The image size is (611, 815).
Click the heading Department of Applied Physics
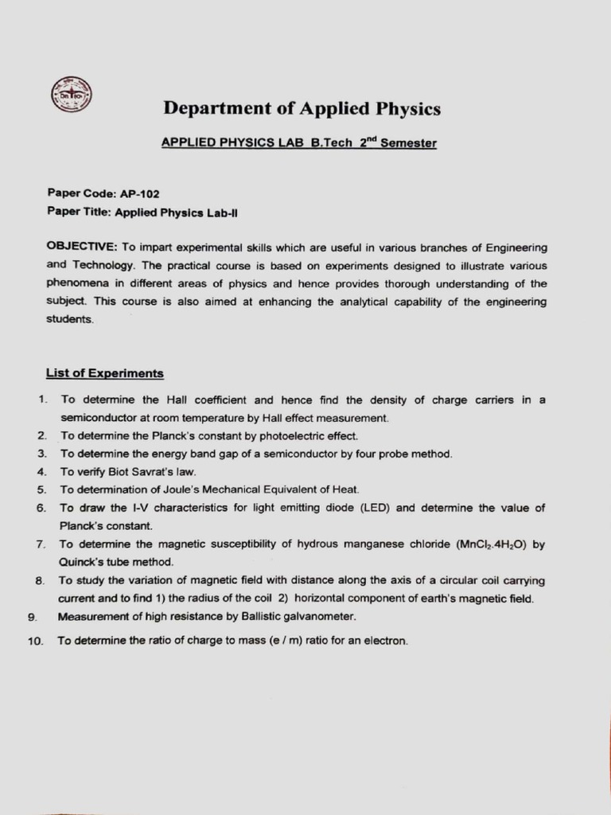click(x=302, y=108)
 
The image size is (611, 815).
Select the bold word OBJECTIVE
click(x=82, y=248)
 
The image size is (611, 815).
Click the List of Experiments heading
click(x=104, y=372)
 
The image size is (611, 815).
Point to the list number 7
click(x=40, y=544)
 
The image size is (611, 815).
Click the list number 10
click(x=35, y=641)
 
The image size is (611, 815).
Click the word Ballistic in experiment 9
click(x=225, y=617)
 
